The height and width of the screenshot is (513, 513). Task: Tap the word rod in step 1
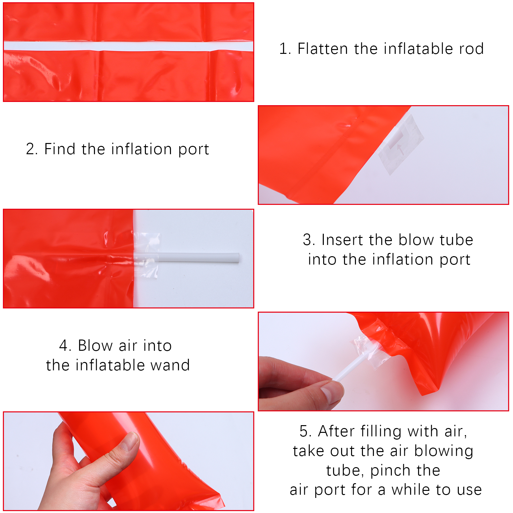[471, 49]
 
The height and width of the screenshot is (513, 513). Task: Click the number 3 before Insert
[307, 240]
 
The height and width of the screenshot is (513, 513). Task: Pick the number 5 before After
[304, 431]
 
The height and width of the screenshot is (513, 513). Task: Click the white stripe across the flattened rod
[128, 46]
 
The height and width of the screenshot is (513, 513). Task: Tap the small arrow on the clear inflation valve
[399, 149]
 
